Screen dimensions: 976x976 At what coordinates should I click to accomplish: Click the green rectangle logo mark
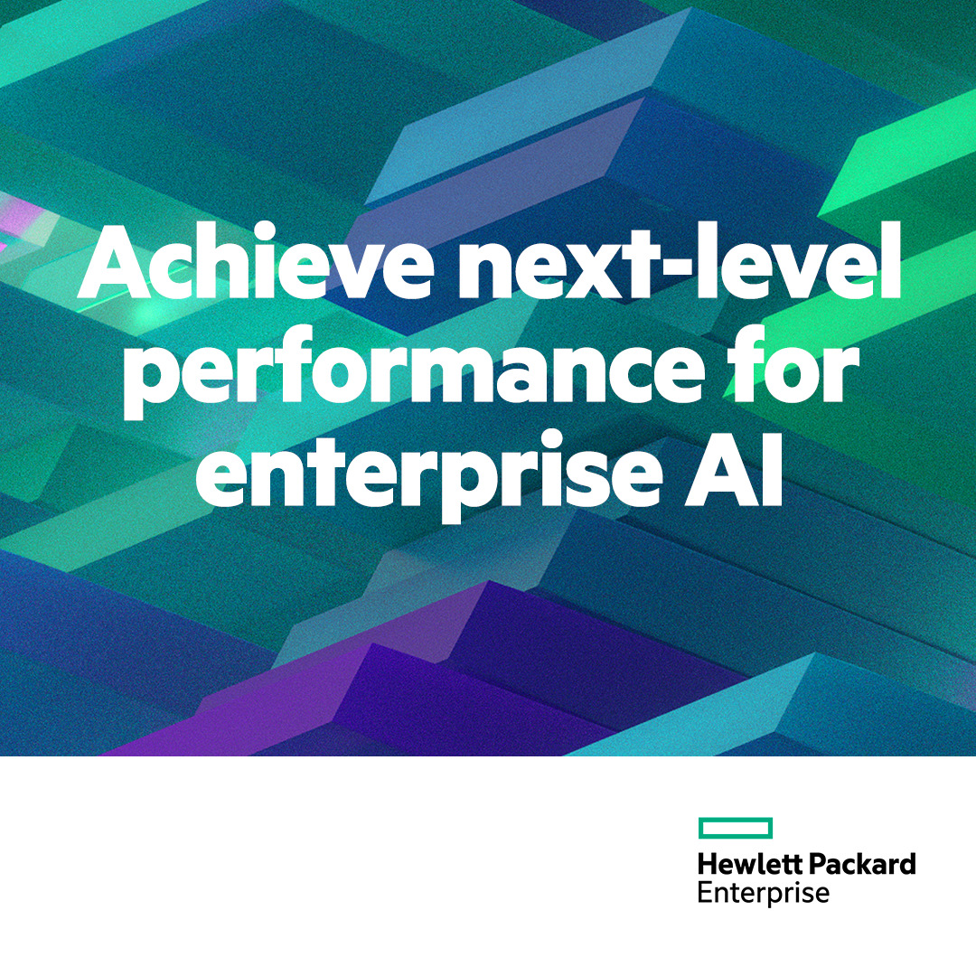coord(736,827)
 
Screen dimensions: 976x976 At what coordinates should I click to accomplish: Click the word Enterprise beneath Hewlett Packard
coord(764,893)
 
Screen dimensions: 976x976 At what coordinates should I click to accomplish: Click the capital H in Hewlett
coord(707,864)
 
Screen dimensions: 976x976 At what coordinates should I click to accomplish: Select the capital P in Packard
coord(816,864)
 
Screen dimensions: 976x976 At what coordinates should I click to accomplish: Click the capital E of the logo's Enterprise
coord(705,893)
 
